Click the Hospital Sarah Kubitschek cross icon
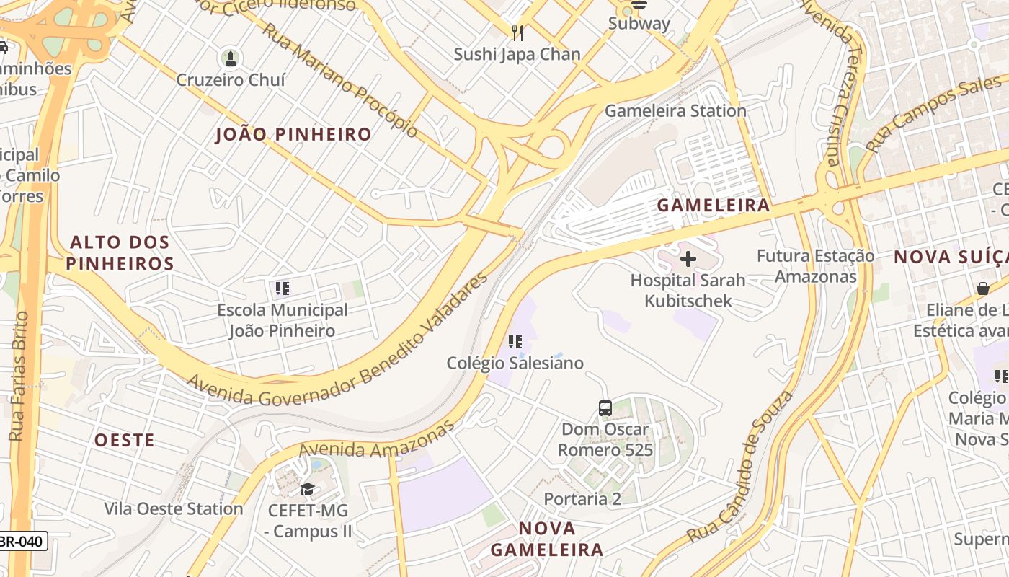(688, 258)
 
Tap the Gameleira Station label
(675, 110)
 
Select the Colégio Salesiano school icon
(515, 342)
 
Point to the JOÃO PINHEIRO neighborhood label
(293, 134)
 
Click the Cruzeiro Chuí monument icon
(231, 58)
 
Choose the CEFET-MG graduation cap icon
(308, 490)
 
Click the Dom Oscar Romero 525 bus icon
(605, 408)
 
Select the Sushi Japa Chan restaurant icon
(517, 32)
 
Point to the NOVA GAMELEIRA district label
(547, 539)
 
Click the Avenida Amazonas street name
(377, 441)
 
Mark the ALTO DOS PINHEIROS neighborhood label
(120, 252)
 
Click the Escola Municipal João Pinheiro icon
(283, 289)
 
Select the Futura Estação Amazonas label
(815, 266)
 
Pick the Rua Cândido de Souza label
(740, 467)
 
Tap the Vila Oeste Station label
(174, 508)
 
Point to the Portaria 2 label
(582, 498)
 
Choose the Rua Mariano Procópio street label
(339, 79)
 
